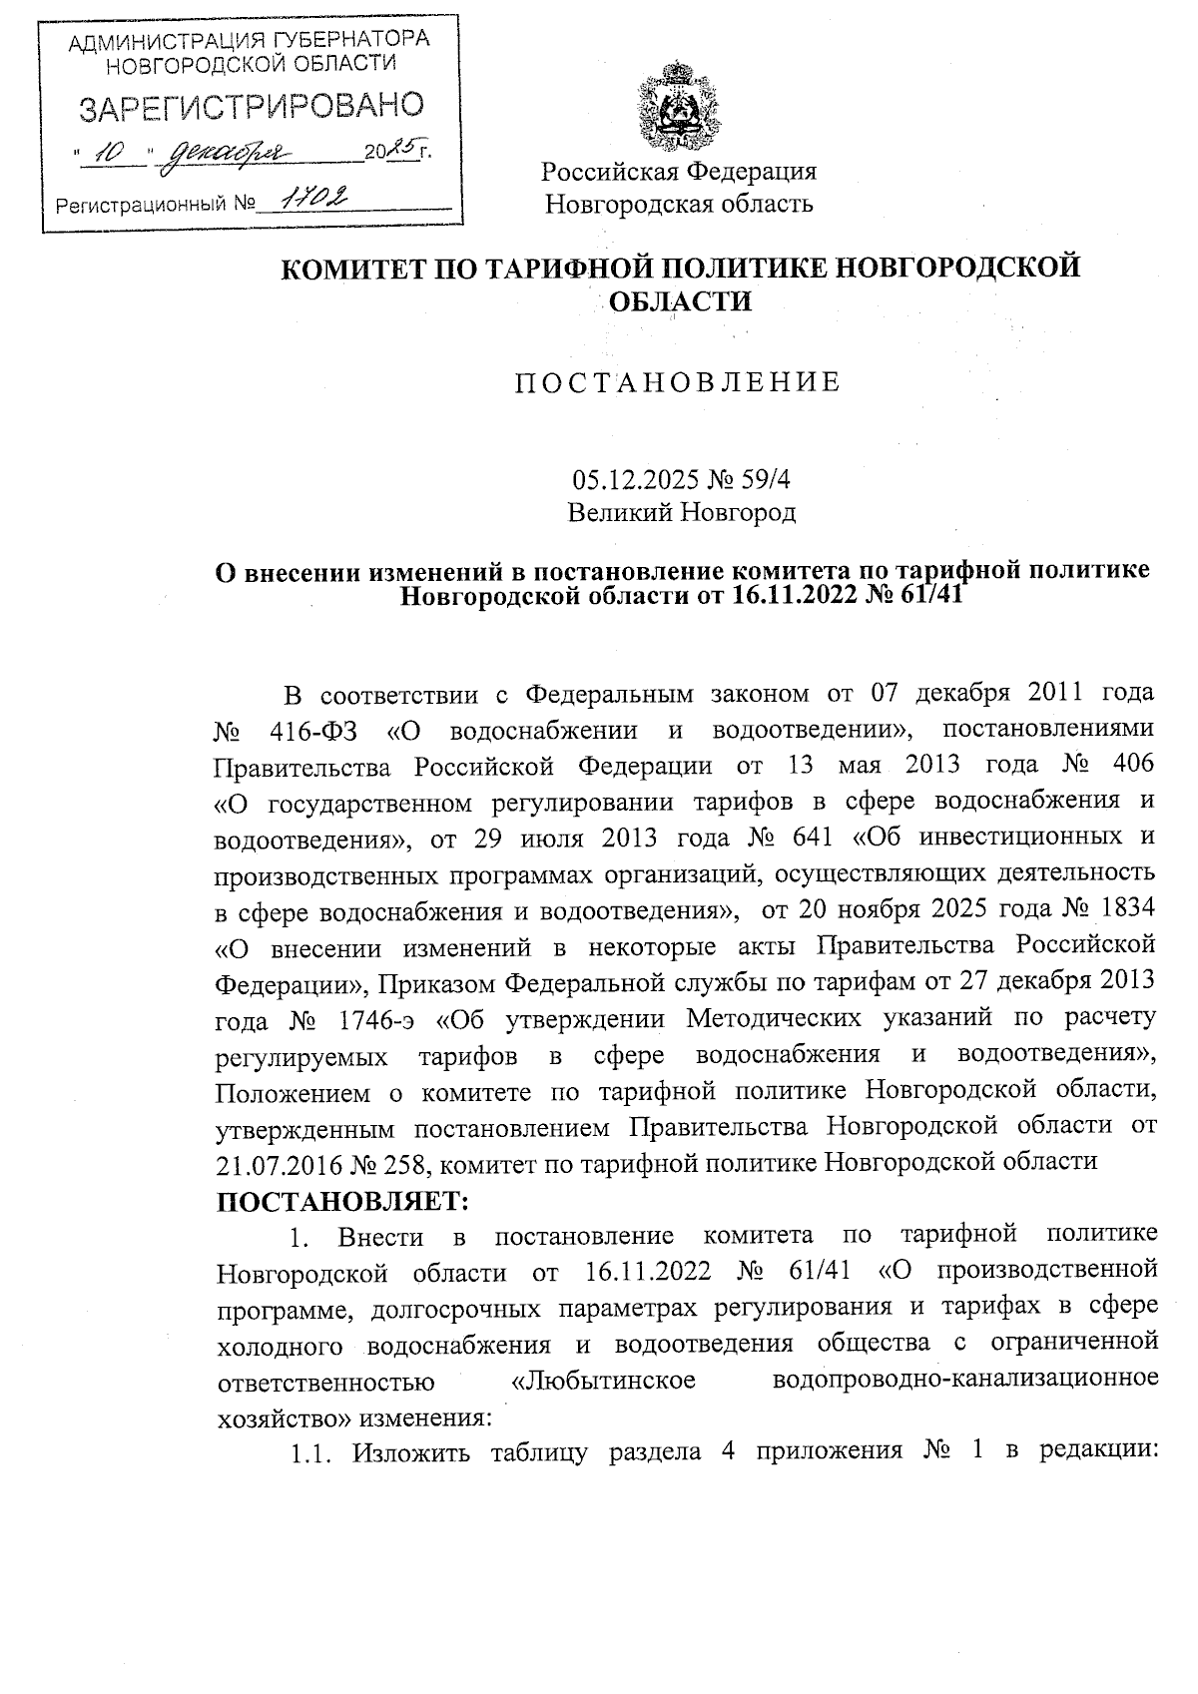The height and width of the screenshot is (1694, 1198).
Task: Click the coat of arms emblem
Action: point(679,106)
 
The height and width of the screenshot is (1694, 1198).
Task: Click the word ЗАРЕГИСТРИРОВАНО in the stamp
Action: point(250,107)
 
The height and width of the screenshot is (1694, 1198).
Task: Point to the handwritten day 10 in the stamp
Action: point(115,153)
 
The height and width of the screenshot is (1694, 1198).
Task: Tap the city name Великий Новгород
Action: point(681,513)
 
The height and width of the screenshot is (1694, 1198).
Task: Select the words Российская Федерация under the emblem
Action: point(679,172)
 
